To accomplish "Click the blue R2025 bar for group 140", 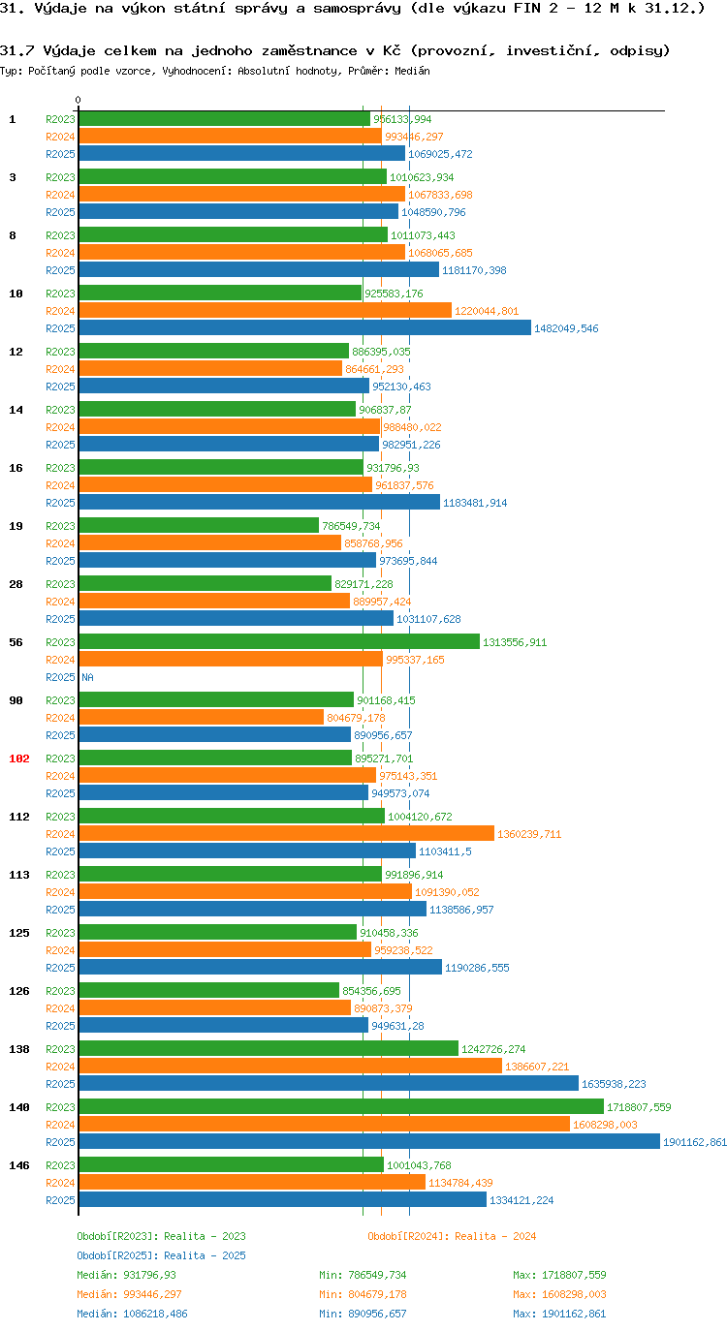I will tap(368, 1142).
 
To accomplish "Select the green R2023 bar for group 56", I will tap(278, 641).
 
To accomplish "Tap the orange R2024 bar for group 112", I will tap(286, 833).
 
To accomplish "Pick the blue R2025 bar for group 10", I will tap(304, 328).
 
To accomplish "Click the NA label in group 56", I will tap(87, 677).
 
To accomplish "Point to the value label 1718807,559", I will tap(639, 1107).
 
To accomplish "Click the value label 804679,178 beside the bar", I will tap(363, 718).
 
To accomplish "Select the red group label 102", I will tap(19, 758).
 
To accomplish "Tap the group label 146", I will tap(19, 1165).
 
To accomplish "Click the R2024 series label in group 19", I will tap(60, 543).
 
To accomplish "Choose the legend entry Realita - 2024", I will tap(452, 1236).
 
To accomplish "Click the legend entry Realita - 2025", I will tap(161, 1255).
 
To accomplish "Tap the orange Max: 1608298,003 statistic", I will tap(559, 1294).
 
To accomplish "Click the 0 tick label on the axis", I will tap(79, 100).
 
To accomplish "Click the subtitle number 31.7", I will tap(16, 50).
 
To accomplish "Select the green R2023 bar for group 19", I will tap(199, 525).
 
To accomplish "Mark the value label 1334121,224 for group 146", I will tap(522, 1200).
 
